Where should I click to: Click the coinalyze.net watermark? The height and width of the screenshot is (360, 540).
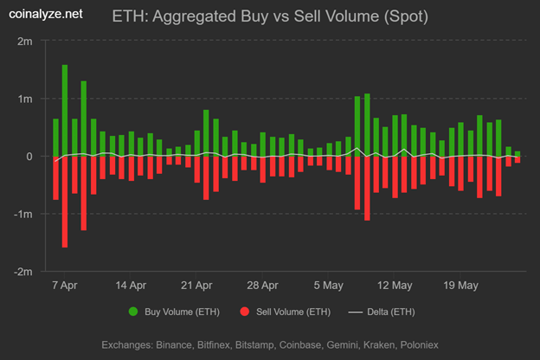48,14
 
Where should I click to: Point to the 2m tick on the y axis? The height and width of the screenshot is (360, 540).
27,42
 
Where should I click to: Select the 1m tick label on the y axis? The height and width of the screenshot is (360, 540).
27,99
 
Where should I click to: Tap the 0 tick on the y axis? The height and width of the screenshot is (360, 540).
30,157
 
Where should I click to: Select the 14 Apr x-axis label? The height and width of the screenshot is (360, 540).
132,284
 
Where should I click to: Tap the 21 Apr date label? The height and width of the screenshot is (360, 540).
198,284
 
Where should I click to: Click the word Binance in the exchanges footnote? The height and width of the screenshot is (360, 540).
190,344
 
